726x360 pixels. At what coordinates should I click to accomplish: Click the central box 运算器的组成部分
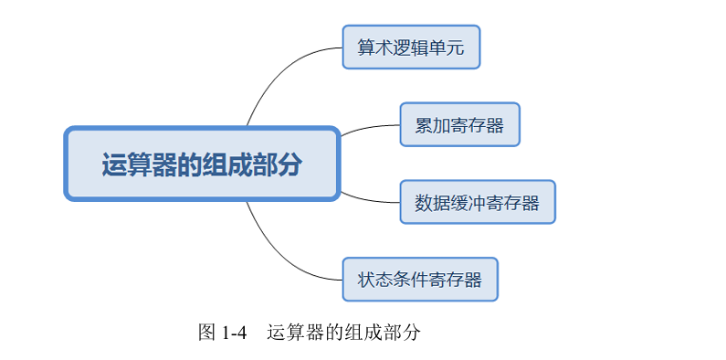point(202,164)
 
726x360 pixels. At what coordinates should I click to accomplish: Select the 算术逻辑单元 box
point(411,47)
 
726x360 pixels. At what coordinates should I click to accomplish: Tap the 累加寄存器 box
point(459,124)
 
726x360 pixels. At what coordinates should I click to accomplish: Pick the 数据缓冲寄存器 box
point(478,202)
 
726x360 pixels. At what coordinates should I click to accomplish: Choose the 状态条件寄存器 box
point(420,280)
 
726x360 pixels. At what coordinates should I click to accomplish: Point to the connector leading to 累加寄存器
point(369,128)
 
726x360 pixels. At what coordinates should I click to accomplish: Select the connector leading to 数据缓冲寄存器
point(369,199)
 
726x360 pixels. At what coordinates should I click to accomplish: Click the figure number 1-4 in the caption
point(235,333)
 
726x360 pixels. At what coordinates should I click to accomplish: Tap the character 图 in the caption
point(206,333)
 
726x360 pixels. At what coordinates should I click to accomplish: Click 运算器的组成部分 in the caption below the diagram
point(343,333)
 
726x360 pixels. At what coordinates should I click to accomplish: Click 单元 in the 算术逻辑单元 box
point(447,48)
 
